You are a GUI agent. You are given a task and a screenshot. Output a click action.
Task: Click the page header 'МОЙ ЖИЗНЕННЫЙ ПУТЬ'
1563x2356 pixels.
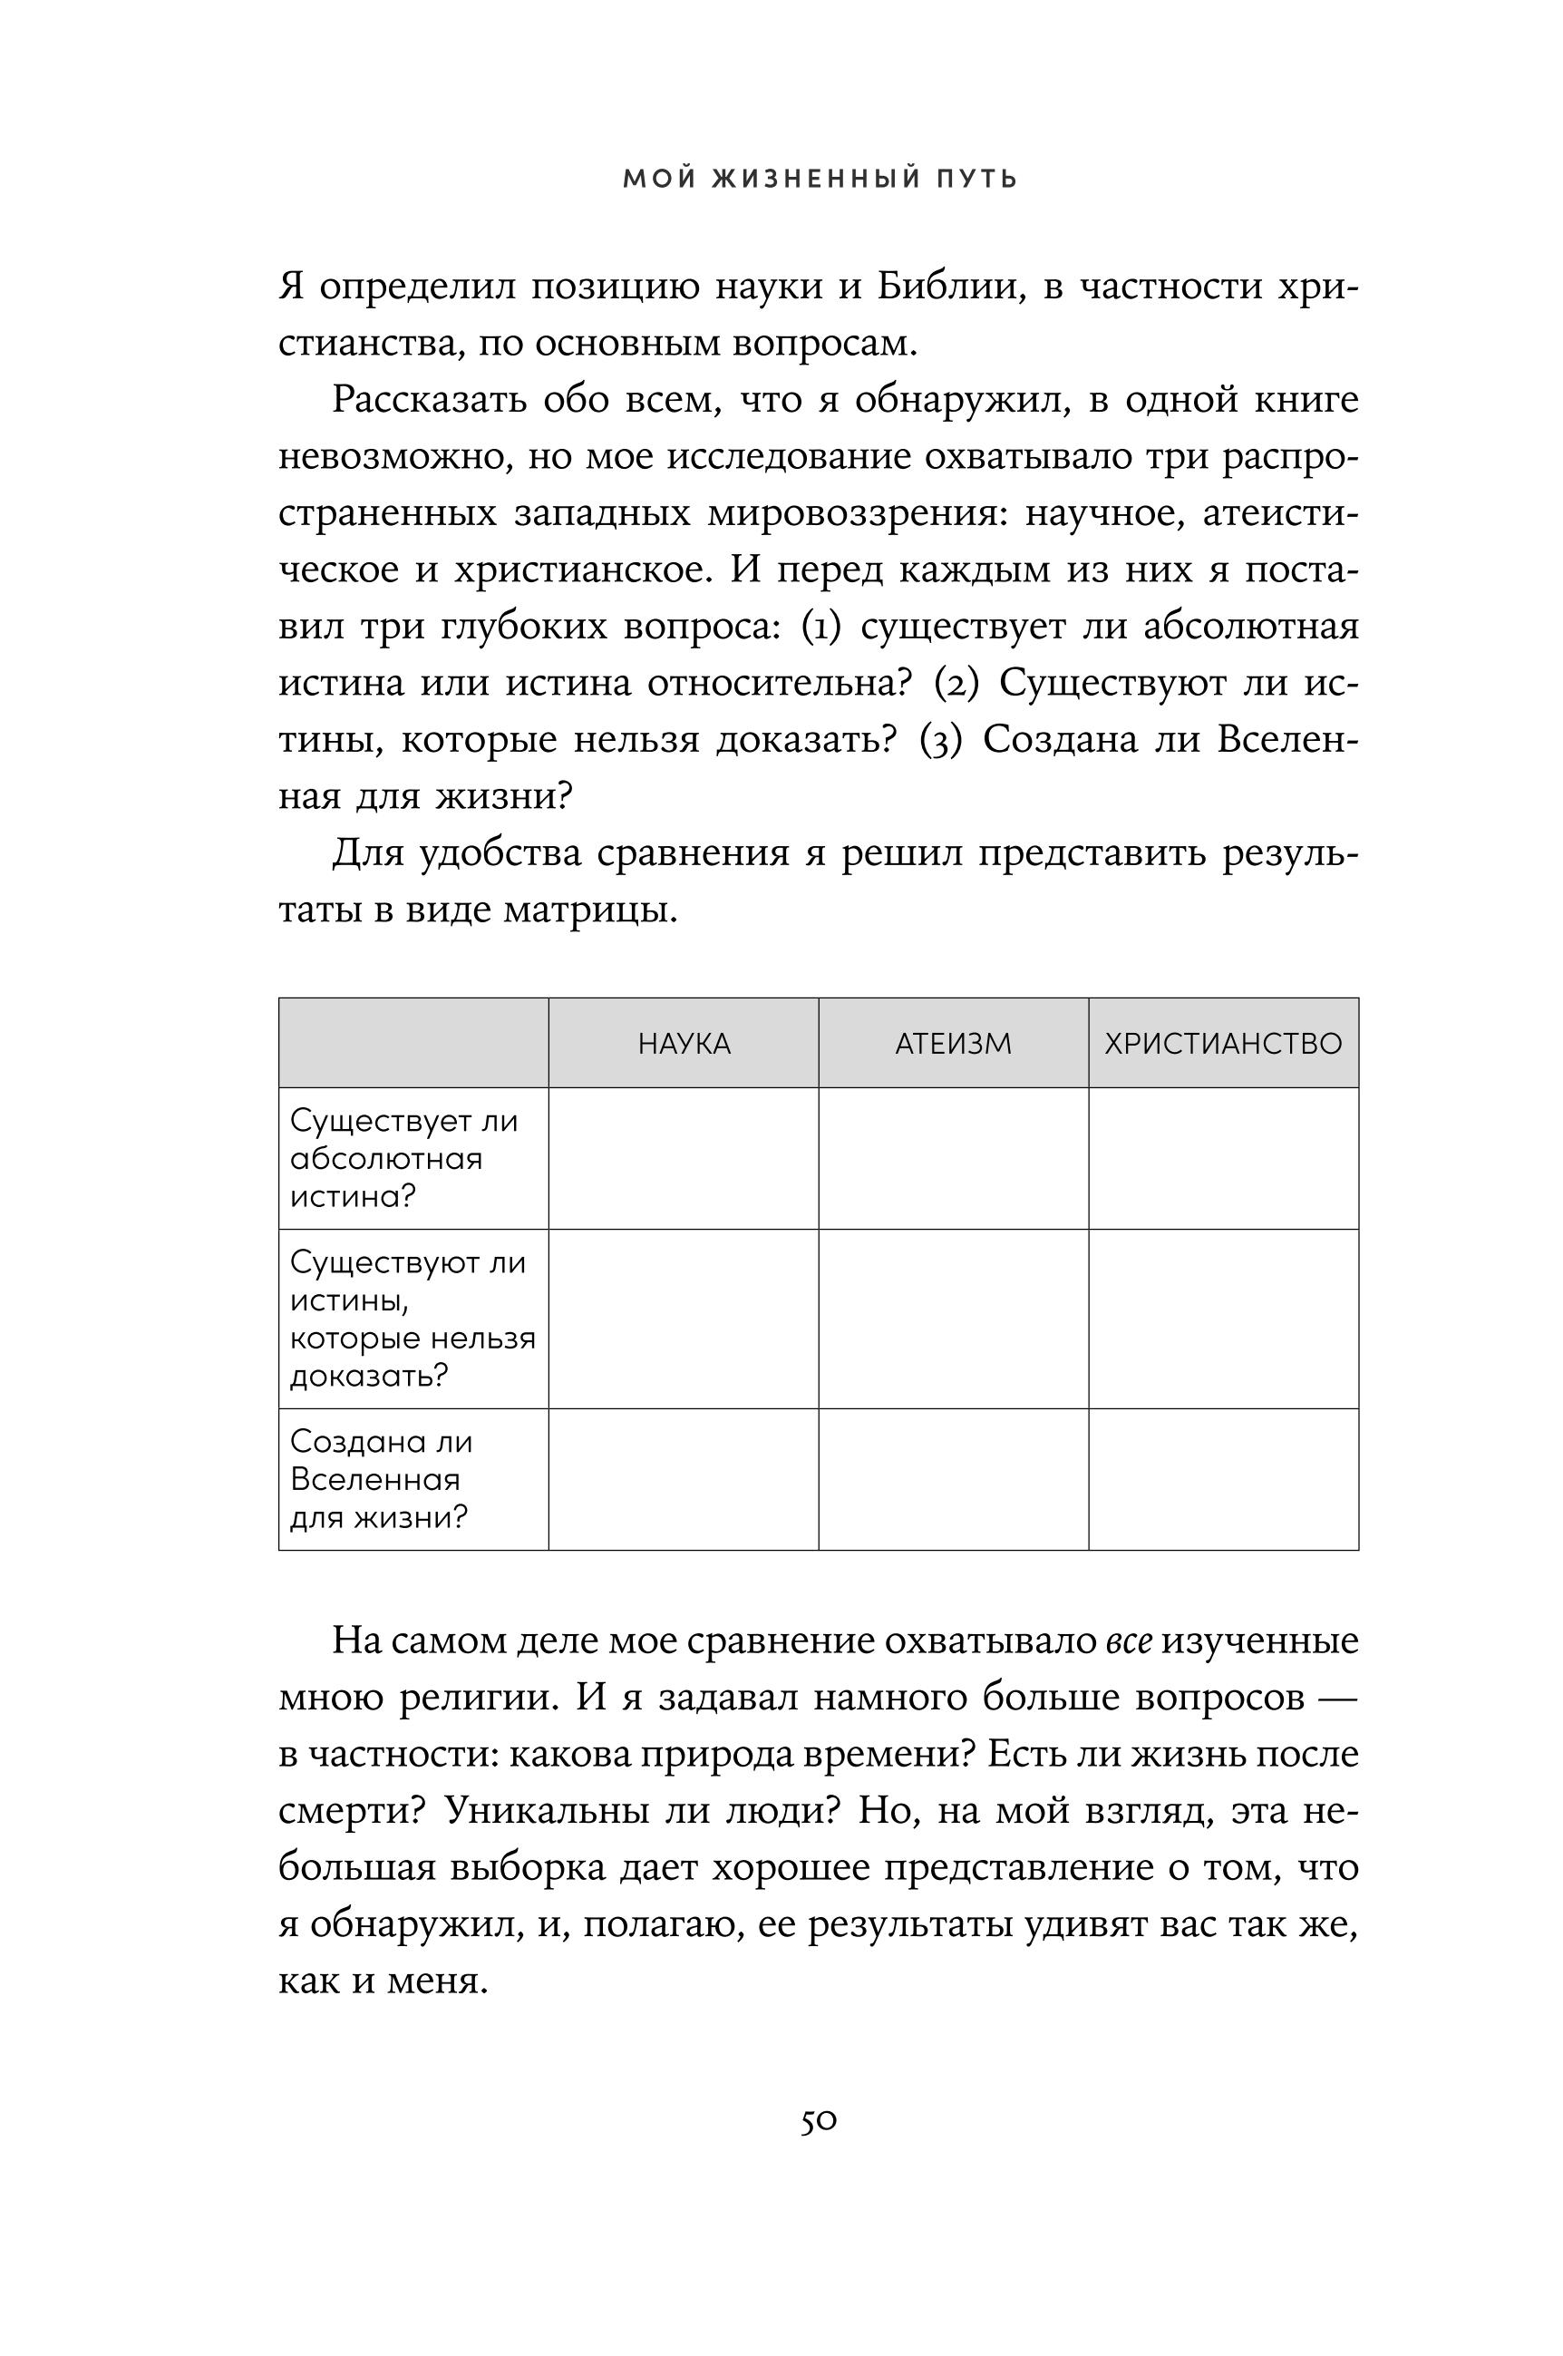(x=820, y=180)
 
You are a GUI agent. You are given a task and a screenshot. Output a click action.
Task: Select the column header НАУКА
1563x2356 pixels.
(x=684, y=1044)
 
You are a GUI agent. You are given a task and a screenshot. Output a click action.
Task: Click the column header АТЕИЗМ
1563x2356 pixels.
(x=953, y=1044)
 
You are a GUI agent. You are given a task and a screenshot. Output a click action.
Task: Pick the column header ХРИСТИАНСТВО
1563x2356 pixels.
(x=1223, y=1044)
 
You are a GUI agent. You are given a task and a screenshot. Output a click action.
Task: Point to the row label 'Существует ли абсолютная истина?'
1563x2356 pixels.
(x=403, y=1159)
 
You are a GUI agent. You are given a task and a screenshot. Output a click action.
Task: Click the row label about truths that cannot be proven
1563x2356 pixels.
(x=412, y=1319)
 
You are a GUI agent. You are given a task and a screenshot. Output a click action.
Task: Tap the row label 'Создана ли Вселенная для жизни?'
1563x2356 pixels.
(x=382, y=1480)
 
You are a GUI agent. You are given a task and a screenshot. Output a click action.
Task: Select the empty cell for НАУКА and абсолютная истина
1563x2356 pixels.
(x=684, y=1159)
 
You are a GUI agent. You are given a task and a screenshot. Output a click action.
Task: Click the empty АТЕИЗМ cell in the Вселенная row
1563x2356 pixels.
(x=953, y=1480)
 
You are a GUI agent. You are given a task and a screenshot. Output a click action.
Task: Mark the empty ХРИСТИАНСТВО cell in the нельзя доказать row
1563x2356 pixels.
(x=1223, y=1319)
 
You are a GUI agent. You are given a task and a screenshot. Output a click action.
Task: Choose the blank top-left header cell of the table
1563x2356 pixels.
(x=413, y=1043)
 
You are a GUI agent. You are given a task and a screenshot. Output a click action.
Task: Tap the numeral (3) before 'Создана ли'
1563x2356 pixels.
(x=940, y=741)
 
